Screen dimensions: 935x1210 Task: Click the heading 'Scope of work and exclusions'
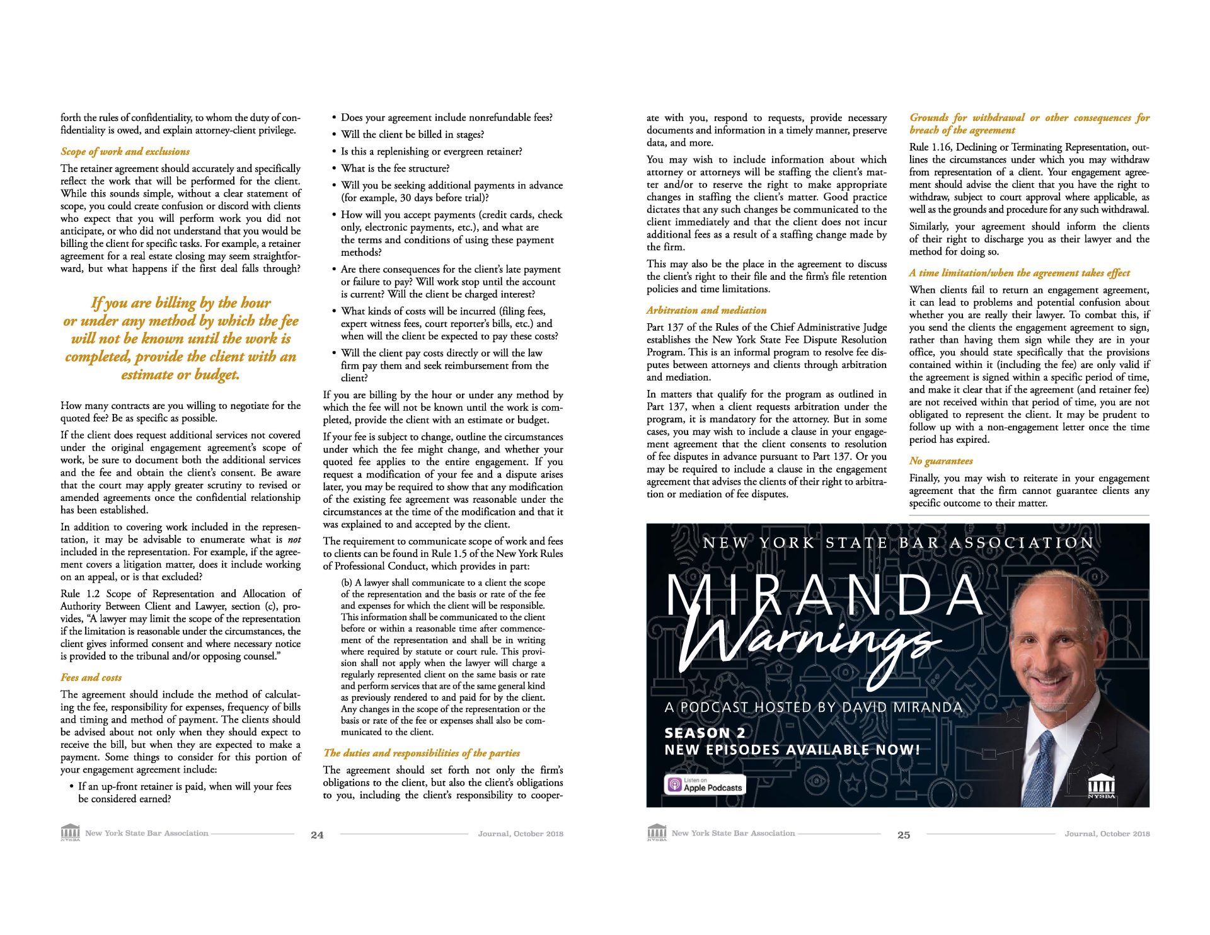click(x=125, y=151)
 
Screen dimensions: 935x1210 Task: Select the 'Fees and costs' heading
click(x=91, y=677)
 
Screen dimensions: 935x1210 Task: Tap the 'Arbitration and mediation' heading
click(x=706, y=310)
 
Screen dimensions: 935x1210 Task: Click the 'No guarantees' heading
click(x=941, y=461)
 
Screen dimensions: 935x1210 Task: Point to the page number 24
click(x=317, y=835)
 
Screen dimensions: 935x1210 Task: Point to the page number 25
click(x=904, y=835)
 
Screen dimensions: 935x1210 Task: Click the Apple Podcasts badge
click(x=705, y=784)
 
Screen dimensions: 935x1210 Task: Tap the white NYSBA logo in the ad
click(x=1101, y=787)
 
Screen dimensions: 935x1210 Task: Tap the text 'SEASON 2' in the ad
click(x=705, y=733)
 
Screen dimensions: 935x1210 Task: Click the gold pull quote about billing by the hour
click(x=181, y=338)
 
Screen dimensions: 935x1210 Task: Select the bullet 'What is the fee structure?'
click(x=395, y=168)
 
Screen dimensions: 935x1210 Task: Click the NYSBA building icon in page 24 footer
click(x=70, y=832)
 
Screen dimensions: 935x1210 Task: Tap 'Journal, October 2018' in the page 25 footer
click(x=1107, y=834)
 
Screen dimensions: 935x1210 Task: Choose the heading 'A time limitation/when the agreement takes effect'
click(x=1019, y=273)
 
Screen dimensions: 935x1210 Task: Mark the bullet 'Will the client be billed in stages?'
click(x=412, y=134)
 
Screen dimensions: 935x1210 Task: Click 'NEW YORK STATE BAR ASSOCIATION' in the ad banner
click(x=897, y=543)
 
